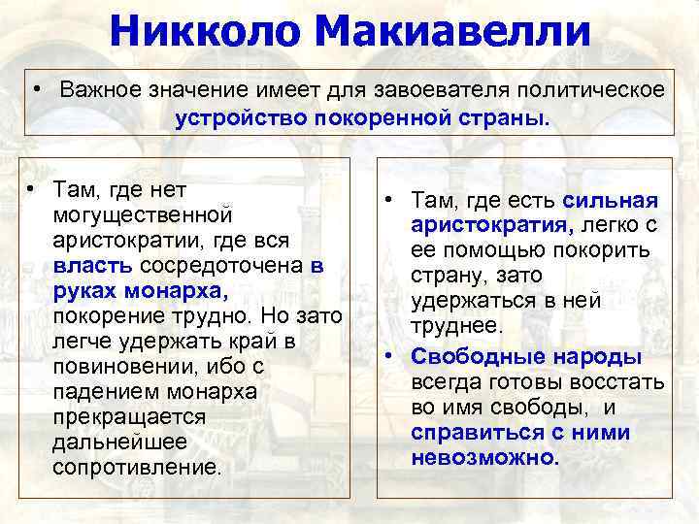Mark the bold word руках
(83, 290)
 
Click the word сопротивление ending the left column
(136, 467)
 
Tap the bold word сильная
(611, 200)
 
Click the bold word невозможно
(484, 457)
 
